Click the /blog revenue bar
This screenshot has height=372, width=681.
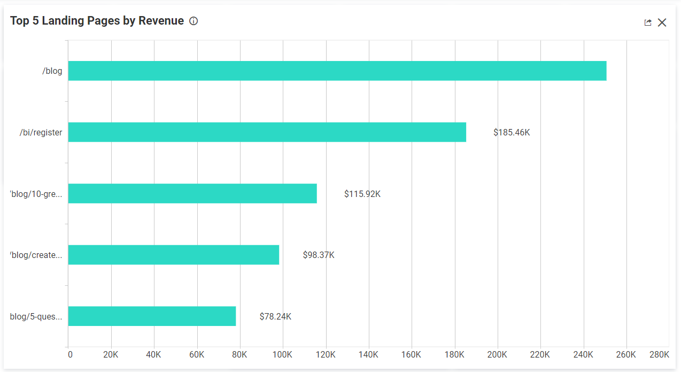click(x=337, y=71)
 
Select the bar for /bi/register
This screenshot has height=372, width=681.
click(x=267, y=132)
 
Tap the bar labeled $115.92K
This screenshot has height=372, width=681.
click(x=192, y=193)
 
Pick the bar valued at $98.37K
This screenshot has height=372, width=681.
click(x=173, y=255)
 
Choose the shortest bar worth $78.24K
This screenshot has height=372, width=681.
click(x=152, y=316)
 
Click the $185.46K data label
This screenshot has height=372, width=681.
click(x=512, y=132)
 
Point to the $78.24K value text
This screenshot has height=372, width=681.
click(x=275, y=316)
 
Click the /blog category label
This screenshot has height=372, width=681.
click(x=52, y=71)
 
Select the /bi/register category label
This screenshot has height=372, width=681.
click(x=41, y=132)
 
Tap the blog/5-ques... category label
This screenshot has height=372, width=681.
click(x=36, y=316)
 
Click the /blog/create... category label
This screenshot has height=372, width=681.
click(x=36, y=255)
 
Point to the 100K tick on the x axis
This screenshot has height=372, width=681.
click(x=282, y=355)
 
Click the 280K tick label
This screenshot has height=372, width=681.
click(x=659, y=355)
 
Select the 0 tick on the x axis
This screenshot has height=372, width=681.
click(x=70, y=355)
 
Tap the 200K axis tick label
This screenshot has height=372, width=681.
click(x=497, y=355)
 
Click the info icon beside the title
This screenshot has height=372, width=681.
click(x=194, y=21)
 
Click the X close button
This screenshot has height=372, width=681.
click(x=662, y=22)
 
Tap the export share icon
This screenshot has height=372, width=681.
click(x=648, y=22)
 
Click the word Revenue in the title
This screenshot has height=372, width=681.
click(x=161, y=21)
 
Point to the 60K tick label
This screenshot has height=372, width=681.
click(x=197, y=355)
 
